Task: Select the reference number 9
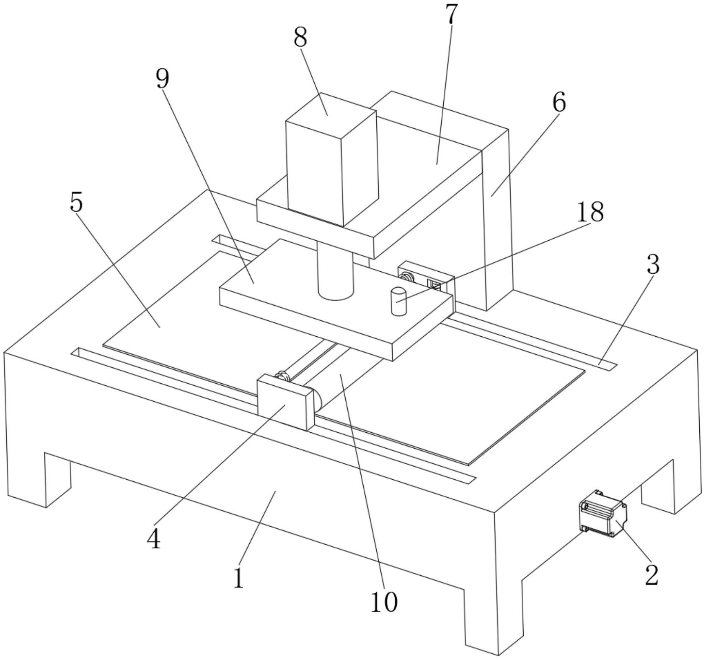[x=162, y=78]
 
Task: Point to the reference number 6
[x=559, y=102]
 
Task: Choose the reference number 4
[x=154, y=539]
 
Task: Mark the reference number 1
[x=238, y=579]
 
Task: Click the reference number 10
[x=384, y=603]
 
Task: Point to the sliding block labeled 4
[x=286, y=402]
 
